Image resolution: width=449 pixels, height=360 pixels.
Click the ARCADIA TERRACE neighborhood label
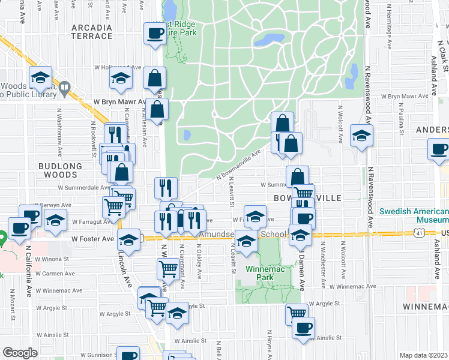point(92,32)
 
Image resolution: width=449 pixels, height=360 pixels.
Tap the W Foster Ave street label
point(92,239)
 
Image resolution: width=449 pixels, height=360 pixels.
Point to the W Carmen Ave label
point(55,273)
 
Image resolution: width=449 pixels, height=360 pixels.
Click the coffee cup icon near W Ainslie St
point(304,328)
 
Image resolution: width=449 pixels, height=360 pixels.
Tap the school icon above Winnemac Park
point(246,242)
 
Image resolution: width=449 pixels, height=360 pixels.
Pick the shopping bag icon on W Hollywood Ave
point(154,77)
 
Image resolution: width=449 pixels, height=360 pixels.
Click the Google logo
point(20,353)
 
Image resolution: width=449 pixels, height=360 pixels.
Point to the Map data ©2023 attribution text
point(423,355)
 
